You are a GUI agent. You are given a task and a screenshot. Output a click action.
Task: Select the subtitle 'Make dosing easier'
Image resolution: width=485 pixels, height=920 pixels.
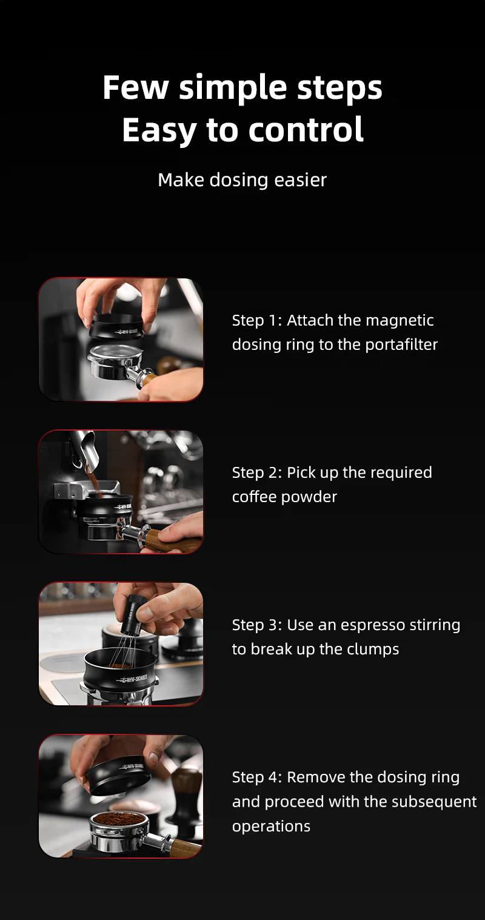coord(242,180)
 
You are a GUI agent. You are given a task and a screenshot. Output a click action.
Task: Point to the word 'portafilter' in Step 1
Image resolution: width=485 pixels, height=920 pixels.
coord(401,344)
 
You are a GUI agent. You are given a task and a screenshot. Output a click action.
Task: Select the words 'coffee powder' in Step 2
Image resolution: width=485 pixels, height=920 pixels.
coord(284,497)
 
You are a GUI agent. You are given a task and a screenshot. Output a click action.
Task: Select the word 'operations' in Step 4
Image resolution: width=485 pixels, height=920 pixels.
coord(271,826)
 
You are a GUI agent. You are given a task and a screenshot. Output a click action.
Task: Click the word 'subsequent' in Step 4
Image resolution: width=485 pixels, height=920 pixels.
coord(438,802)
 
